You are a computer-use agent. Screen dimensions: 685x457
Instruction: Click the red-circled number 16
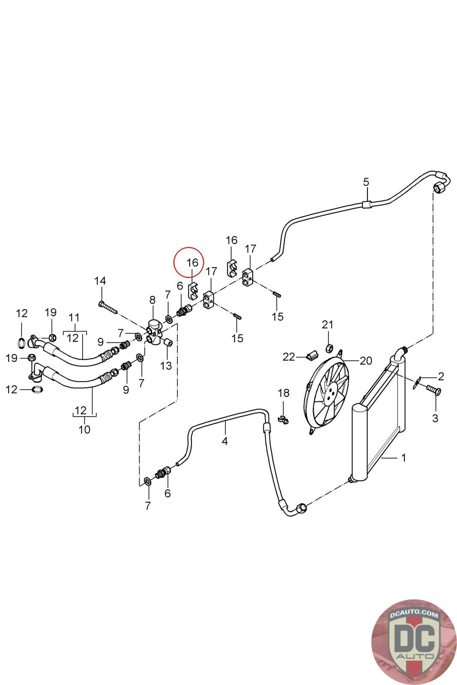click(193, 262)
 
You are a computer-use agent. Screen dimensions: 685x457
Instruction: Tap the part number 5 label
click(366, 182)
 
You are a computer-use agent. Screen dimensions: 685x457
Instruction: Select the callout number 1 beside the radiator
click(403, 458)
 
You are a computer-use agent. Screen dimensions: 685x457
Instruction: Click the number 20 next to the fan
click(366, 360)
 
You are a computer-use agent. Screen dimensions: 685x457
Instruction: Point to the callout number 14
click(100, 281)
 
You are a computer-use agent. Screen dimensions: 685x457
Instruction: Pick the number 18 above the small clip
click(284, 393)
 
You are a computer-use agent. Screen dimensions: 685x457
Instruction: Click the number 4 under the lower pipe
click(225, 441)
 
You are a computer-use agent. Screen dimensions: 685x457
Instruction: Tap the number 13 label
click(166, 366)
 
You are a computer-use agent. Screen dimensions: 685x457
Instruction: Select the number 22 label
click(289, 356)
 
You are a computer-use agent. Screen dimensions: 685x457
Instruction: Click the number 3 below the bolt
click(435, 418)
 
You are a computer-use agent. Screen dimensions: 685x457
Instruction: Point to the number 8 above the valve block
click(152, 300)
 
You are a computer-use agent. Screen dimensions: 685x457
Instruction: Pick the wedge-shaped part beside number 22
click(313, 354)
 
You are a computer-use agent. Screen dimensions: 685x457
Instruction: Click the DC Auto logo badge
click(413, 642)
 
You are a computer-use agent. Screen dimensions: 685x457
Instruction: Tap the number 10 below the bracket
click(84, 429)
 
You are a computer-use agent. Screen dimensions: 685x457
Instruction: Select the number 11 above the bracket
click(74, 318)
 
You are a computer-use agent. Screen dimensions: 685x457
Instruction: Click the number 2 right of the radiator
click(441, 376)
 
